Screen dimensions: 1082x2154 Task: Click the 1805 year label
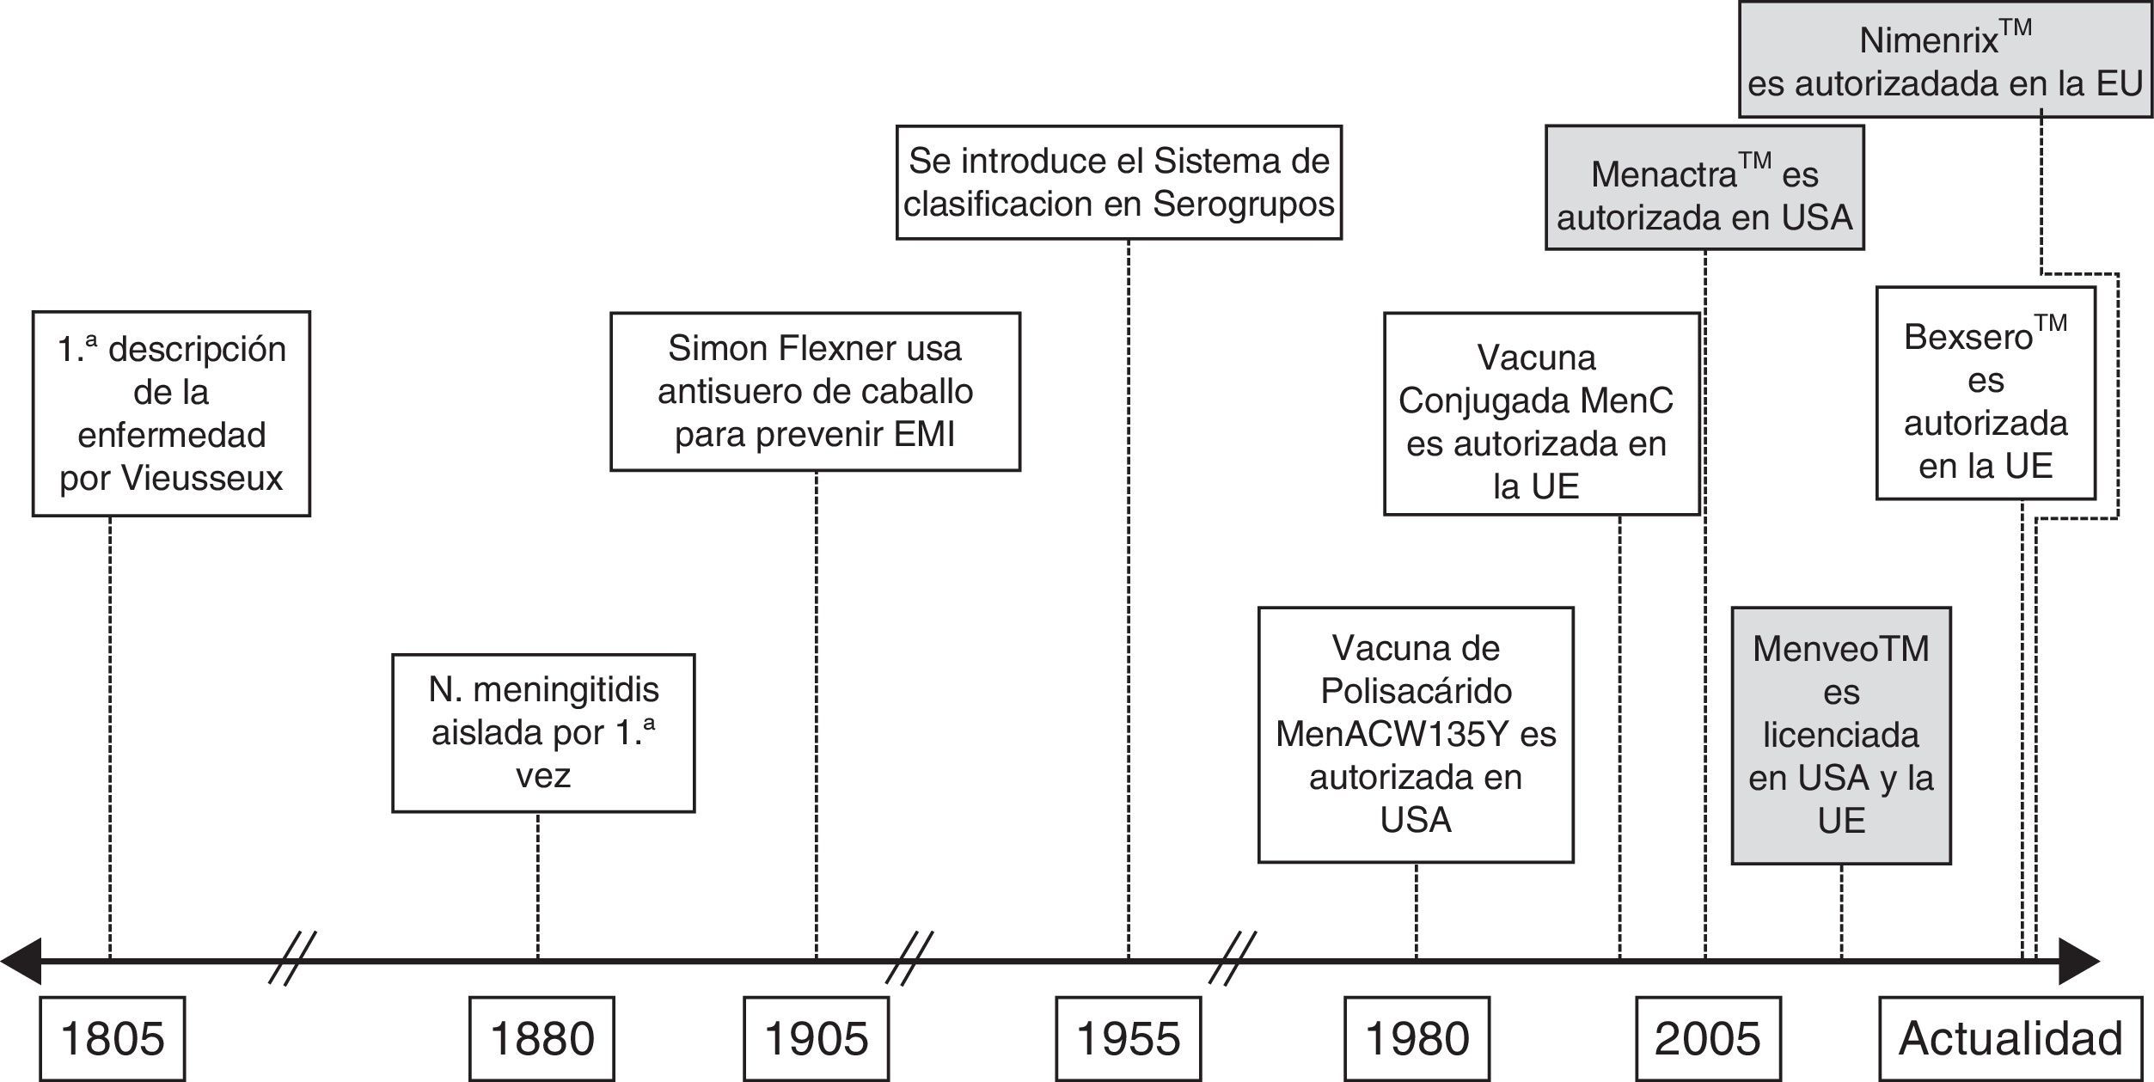113,1038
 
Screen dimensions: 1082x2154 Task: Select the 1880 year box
542,1038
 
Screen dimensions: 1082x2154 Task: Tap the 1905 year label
816,1038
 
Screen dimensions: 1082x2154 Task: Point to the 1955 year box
1128,1038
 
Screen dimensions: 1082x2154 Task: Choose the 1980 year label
1417,1038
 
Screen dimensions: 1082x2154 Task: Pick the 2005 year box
1707,1038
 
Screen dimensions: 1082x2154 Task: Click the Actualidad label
2010,1038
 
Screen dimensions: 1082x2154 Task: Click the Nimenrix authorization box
1945,60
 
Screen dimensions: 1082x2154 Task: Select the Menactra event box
1704,188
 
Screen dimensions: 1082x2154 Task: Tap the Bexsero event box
1986,393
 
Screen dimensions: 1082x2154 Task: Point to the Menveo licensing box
1841,736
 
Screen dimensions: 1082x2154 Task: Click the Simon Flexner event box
815,392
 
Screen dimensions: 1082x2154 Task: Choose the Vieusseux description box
171,413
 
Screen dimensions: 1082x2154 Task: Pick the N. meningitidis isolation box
543,733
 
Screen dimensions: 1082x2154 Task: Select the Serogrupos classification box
1119,182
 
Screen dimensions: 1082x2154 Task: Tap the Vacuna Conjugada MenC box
1541,413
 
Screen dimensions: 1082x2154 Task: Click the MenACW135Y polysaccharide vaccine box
1416,735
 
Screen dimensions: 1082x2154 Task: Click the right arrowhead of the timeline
2080,961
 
